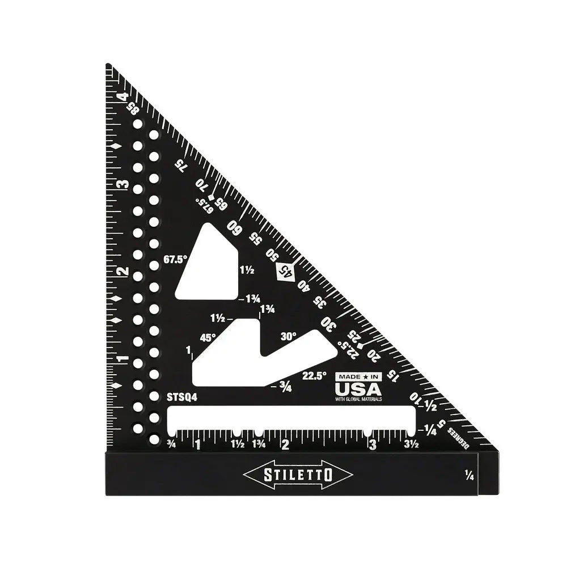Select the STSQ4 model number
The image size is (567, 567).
182,397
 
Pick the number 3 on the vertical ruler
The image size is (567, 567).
120,185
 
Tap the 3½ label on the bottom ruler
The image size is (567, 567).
411,445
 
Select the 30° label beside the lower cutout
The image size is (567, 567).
288,336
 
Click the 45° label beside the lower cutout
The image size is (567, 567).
208,337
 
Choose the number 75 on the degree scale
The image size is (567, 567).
180,165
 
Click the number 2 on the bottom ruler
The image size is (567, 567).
285,445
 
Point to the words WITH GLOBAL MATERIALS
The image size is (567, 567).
358,399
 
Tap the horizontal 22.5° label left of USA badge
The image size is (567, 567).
314,375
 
